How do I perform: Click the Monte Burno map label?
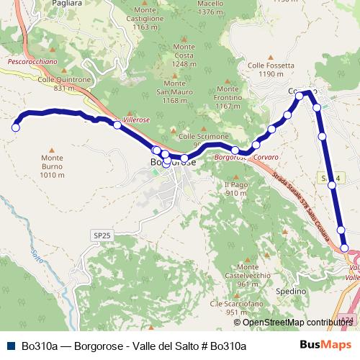(x=53, y=166)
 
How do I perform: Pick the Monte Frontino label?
(x=227, y=102)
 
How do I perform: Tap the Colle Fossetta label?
(x=271, y=69)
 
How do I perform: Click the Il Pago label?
(x=236, y=189)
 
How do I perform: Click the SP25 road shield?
(x=102, y=235)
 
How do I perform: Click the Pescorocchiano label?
(x=32, y=62)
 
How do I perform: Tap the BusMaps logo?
(x=325, y=345)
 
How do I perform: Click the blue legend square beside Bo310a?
(x=9, y=346)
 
